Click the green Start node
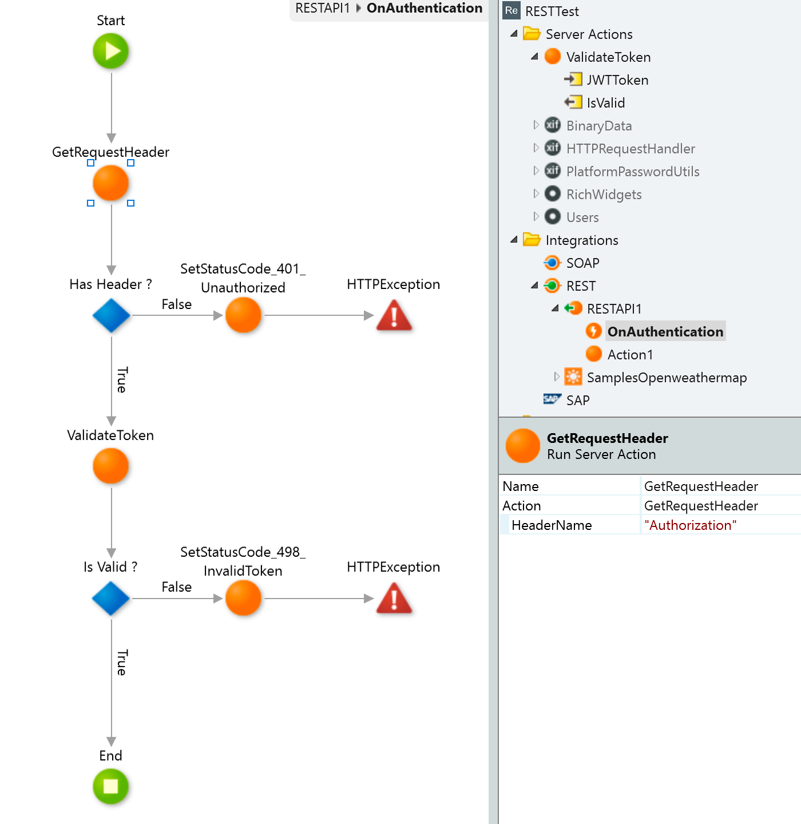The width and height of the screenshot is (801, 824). click(110, 51)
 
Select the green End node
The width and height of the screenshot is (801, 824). click(110, 786)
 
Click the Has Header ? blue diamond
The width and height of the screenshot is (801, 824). click(111, 315)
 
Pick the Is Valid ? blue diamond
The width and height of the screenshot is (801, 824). click(111, 599)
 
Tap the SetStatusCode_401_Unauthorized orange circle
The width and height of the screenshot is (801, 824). click(243, 315)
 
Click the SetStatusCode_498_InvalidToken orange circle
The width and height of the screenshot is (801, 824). click(243, 598)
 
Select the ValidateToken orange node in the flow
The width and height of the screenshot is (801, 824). click(110, 466)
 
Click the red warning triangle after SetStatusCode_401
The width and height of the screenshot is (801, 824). click(394, 315)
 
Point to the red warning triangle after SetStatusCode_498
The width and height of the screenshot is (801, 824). click(394, 599)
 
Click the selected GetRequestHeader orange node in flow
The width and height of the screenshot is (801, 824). click(110, 183)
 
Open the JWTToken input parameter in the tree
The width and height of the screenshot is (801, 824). click(617, 80)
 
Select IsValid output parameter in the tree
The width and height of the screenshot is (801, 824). click(605, 103)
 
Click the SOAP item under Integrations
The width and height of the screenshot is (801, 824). click(582, 263)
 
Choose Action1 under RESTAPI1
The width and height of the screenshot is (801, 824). click(630, 354)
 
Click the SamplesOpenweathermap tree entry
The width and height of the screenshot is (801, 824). click(667, 377)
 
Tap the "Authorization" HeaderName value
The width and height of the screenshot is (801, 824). click(690, 525)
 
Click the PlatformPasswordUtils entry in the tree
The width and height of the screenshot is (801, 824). click(632, 172)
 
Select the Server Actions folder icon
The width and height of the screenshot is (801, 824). click(532, 33)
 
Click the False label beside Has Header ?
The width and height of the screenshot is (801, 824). click(177, 304)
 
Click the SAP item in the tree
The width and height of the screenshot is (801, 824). click(577, 400)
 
